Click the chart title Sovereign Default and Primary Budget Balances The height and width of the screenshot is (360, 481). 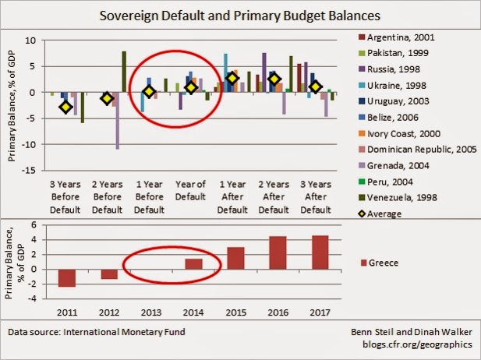pos(240,16)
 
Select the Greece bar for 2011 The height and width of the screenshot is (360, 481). pos(67,278)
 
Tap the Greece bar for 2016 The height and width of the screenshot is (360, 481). pos(278,253)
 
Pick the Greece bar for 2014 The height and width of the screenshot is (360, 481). pos(193,264)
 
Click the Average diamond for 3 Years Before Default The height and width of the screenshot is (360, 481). pos(65,107)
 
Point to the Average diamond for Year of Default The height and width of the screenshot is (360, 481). pos(191,88)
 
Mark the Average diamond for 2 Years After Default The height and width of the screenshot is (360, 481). pos(274,79)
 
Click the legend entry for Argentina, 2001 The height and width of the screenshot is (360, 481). pos(396,37)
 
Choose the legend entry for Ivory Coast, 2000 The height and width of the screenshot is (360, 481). pos(399,134)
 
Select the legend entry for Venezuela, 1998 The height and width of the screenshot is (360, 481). pos(398,197)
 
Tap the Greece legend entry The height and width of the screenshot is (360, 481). pos(380,263)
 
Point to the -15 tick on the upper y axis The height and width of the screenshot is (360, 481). pos(29,171)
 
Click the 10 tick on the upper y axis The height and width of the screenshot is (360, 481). pos(30,41)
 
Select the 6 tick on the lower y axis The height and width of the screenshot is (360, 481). pos(34,224)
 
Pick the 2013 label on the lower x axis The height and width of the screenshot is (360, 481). pos(151,312)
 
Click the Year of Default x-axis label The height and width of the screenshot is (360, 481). pos(190,190)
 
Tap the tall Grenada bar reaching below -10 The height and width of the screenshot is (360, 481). pos(118,121)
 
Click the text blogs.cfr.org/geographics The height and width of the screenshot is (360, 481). pos(418,344)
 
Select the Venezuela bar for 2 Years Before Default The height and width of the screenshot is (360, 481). pos(124,72)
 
